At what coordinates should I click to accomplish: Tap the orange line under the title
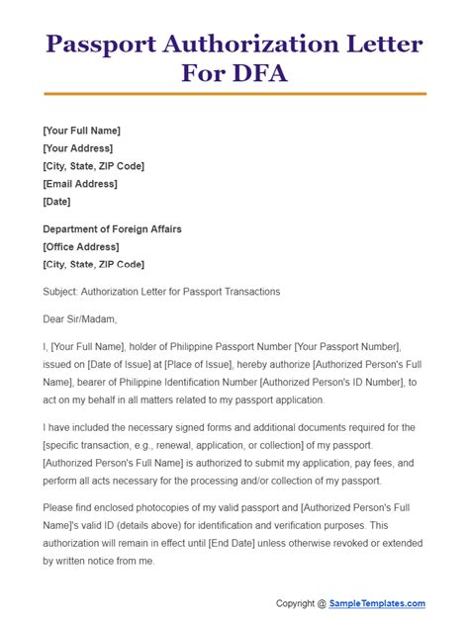click(234, 94)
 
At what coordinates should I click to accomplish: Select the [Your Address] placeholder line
click(81, 148)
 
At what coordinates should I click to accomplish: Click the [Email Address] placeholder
click(80, 184)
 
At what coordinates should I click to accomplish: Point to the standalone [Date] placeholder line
click(57, 202)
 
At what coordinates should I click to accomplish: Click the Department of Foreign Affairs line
click(112, 229)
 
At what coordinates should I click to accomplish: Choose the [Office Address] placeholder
click(81, 247)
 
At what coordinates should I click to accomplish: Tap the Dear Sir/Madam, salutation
click(80, 319)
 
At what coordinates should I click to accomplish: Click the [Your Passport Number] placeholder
click(338, 347)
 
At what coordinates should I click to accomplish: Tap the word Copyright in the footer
click(294, 603)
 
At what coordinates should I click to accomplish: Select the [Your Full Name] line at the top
click(82, 131)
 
